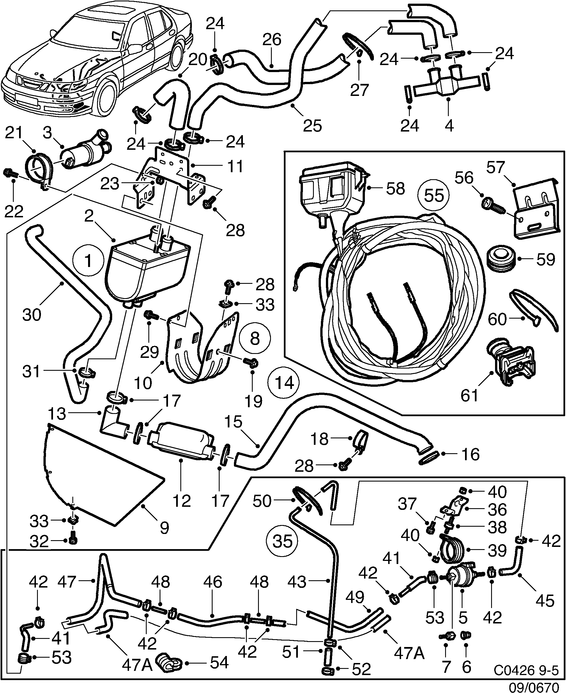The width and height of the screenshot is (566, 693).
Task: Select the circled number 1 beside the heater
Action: pos(88,261)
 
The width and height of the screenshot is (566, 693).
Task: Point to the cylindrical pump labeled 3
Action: pos(86,151)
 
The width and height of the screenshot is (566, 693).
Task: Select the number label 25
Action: pos(312,125)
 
